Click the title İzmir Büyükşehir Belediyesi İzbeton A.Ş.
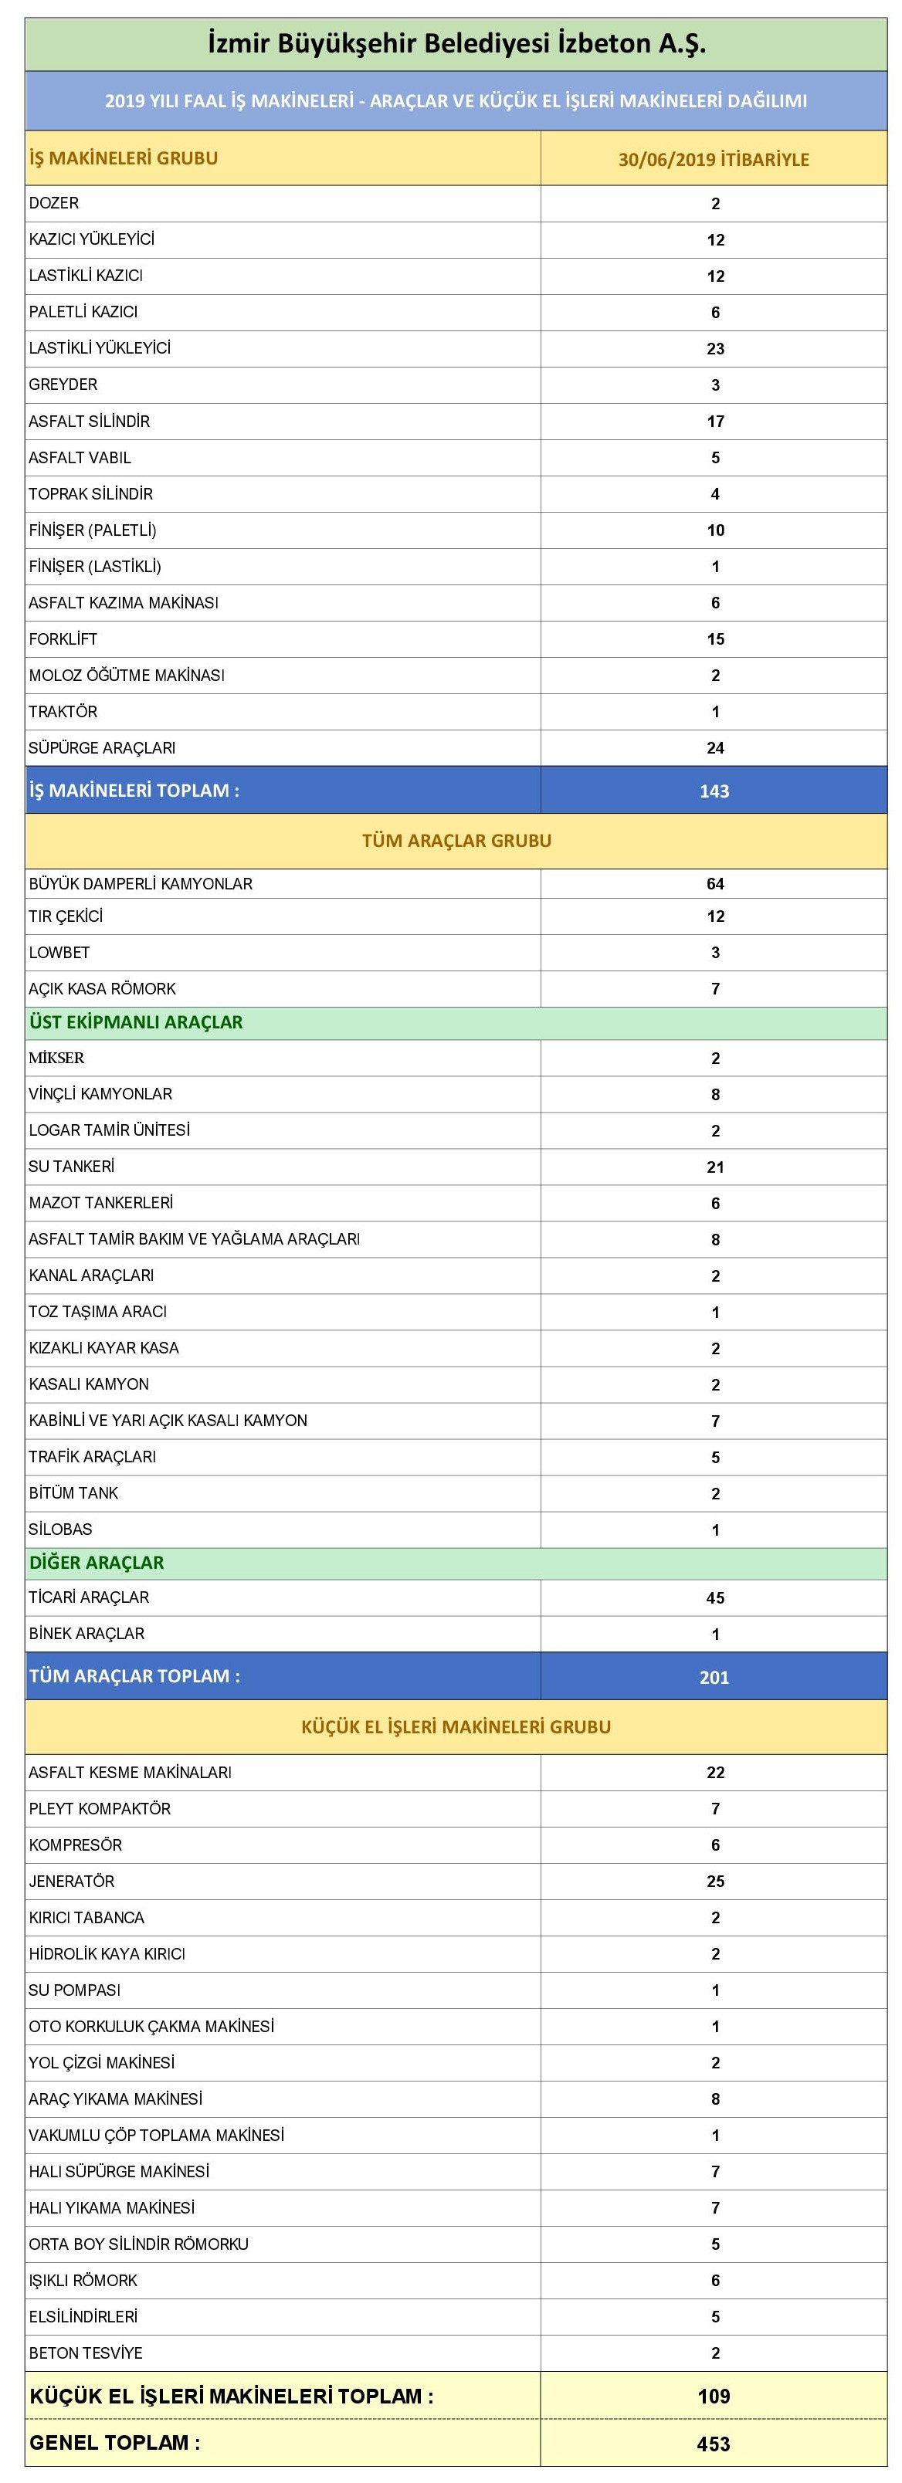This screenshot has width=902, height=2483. point(456,43)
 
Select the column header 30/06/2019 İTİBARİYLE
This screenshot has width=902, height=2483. point(713,159)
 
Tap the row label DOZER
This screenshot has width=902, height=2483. point(54,203)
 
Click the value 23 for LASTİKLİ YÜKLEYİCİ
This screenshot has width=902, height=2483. point(715,349)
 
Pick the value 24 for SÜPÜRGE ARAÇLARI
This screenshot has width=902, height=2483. point(715,748)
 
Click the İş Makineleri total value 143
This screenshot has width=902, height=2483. point(714,791)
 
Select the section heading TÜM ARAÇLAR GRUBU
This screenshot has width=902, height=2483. point(456,841)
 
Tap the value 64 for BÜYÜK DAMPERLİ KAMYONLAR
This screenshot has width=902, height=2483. point(715,884)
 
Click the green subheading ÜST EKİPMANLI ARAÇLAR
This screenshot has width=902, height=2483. point(136,1023)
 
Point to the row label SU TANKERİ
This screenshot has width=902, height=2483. point(71,1167)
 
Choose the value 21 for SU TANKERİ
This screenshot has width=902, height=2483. point(715,1167)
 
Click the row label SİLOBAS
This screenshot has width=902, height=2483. point(61,1529)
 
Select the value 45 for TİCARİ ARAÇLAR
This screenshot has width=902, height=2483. point(715,1598)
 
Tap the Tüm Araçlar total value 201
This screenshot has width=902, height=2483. point(714,1677)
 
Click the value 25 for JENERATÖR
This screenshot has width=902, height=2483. point(715,1882)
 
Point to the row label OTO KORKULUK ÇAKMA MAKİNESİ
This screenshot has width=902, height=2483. point(151,2026)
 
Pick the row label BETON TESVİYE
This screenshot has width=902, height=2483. point(86,2353)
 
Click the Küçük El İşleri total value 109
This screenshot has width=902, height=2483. point(714,2397)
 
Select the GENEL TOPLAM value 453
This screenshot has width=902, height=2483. point(714,2444)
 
